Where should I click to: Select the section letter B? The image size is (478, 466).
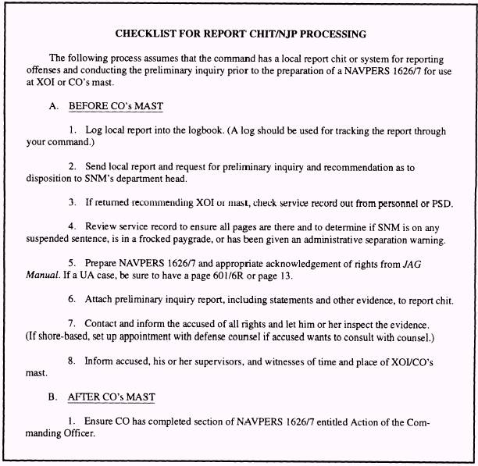[x=52, y=397]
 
